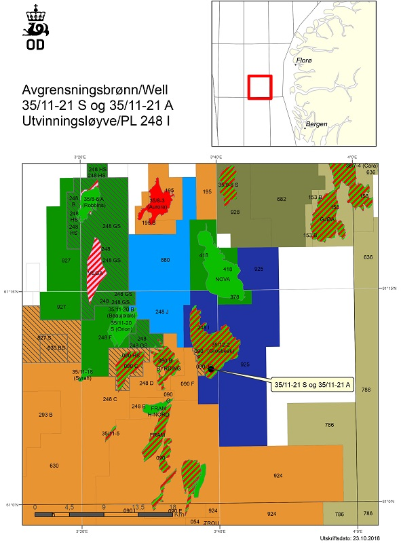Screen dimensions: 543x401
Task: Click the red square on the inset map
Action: click(260, 87)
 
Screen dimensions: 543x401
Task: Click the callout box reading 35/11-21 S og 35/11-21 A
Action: click(311, 384)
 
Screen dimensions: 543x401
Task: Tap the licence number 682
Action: click(282, 199)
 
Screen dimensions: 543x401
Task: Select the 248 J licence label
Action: click(161, 312)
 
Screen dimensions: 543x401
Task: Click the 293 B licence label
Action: click(46, 414)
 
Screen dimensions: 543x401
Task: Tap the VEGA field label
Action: click(96, 273)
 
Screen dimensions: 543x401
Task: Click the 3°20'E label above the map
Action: click(80, 157)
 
